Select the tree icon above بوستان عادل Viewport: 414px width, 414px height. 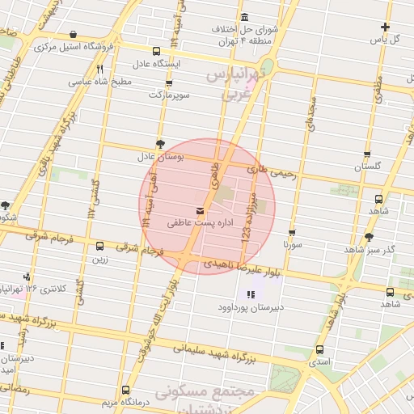tap(160, 143)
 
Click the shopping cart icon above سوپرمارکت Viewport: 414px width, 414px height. tap(168, 83)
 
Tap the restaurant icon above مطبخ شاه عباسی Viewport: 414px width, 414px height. tap(100, 70)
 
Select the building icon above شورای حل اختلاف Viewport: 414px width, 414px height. tap(245, 18)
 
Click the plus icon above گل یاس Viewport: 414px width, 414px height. tap(385, 27)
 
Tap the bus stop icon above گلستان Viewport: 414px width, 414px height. tap(367, 154)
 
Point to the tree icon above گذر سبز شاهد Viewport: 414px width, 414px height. tap(370, 238)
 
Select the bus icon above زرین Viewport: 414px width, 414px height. tap(100, 247)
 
